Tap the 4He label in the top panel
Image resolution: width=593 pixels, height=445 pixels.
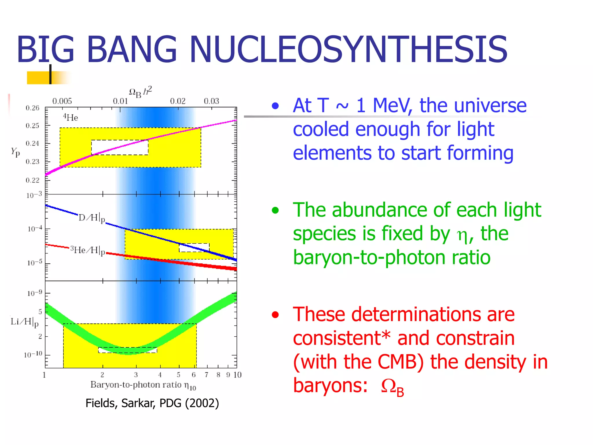point(71,117)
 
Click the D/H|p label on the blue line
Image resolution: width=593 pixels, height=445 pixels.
point(91,218)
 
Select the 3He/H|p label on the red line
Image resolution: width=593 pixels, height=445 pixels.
point(88,250)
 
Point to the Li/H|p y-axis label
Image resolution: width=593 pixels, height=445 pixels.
point(25,322)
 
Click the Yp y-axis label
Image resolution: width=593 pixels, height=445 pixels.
point(15,152)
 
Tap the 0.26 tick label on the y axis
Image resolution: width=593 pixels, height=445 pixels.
point(32,108)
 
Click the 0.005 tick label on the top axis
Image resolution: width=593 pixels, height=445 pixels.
point(62,101)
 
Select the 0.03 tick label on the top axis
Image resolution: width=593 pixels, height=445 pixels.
point(211,101)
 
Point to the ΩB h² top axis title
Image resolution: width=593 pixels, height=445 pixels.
point(140,92)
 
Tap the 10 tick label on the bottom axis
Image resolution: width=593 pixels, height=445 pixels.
point(237,375)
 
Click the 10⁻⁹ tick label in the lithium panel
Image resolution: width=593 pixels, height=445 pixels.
point(35,293)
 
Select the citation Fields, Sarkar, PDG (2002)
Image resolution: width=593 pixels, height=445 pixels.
point(152,403)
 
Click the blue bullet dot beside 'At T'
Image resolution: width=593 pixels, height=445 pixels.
point(275,106)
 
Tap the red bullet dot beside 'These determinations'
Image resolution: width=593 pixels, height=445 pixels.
point(275,315)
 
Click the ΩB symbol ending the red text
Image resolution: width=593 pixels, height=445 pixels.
point(392,387)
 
